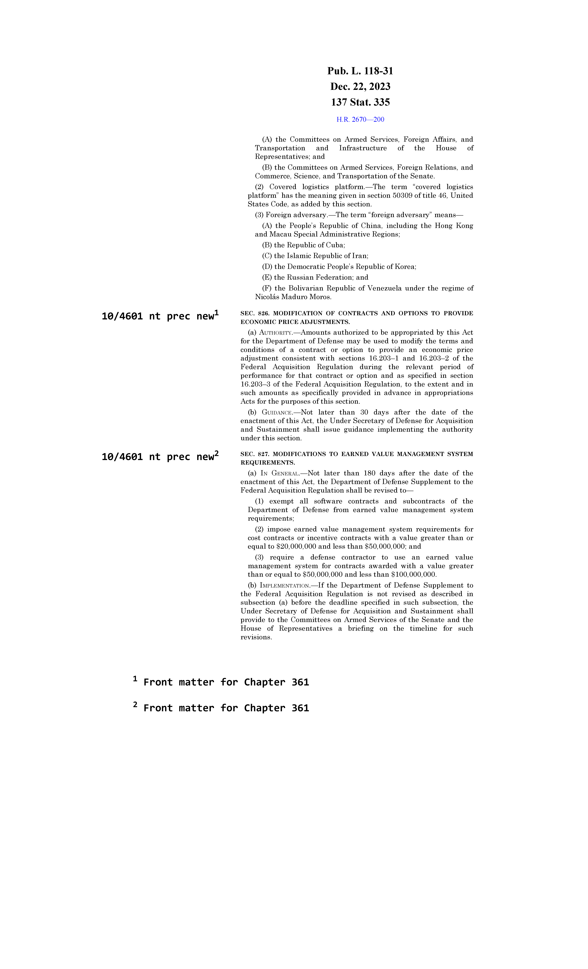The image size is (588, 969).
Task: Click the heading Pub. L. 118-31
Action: [360, 71]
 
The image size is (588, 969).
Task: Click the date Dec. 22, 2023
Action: [360, 87]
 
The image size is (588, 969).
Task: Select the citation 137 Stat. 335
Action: [360, 102]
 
